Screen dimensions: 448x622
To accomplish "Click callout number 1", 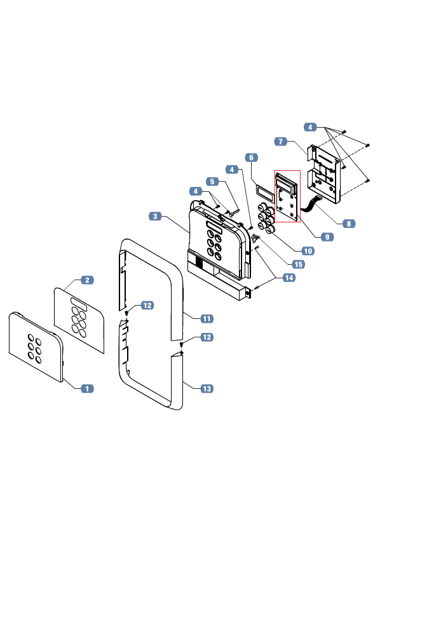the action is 87,389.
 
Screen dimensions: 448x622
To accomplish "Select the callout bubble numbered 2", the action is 87,280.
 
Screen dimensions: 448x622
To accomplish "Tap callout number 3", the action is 155,216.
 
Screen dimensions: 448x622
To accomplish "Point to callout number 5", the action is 212,181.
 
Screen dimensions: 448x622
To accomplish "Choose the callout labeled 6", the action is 251,158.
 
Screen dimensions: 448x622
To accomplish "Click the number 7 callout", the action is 280,141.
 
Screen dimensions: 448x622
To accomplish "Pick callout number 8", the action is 349,224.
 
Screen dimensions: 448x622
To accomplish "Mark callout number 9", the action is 327,237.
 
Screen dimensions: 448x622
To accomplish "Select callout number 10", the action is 308,251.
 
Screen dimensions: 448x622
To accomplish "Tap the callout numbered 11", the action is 207,318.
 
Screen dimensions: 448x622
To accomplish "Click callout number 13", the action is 207,389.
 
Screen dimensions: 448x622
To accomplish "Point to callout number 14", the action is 289,278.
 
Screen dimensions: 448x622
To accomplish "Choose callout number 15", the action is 299,264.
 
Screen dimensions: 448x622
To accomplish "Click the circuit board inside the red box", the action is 287,197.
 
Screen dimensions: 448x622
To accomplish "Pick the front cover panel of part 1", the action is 36,347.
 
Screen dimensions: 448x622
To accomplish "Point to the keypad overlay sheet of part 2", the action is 79,320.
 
